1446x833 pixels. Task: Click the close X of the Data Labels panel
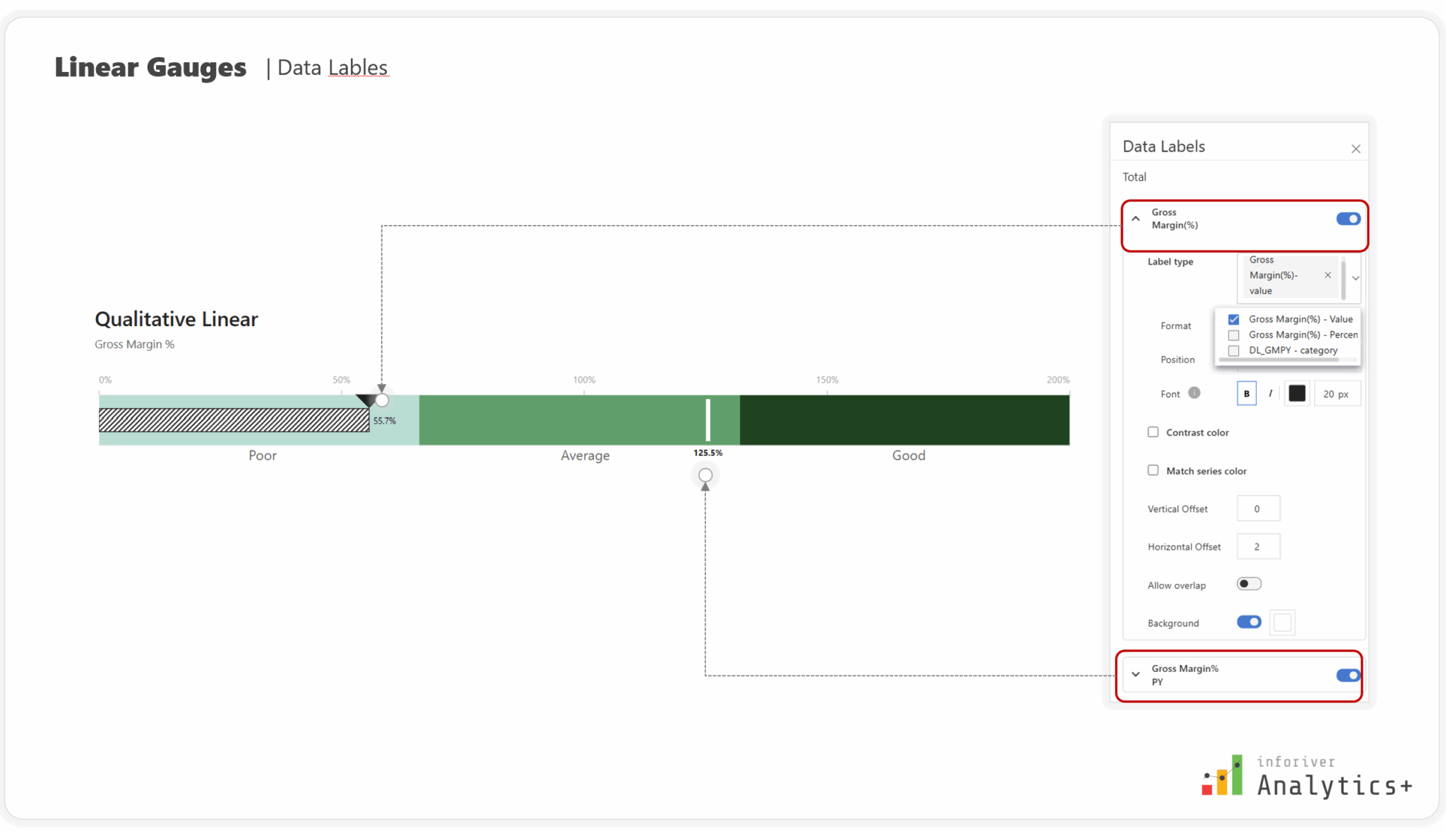tap(1356, 149)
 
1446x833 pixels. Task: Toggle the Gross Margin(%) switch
tap(1348, 219)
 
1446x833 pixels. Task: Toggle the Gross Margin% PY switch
tap(1348, 676)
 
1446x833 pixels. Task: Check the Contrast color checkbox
tap(1153, 432)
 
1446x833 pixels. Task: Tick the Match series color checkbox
tap(1153, 470)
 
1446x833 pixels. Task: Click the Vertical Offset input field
tap(1258, 508)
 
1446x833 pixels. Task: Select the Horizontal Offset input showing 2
tap(1258, 546)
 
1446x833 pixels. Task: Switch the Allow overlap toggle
tap(1248, 584)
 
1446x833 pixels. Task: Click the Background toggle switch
tap(1248, 622)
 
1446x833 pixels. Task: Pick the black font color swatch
tap(1297, 393)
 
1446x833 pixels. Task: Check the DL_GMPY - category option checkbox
tap(1233, 351)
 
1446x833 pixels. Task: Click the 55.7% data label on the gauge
tap(385, 421)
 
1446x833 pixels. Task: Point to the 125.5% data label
tap(707, 453)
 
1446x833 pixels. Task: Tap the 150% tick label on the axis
tap(827, 380)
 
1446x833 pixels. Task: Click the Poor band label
tap(263, 455)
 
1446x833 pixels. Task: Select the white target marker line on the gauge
tap(708, 419)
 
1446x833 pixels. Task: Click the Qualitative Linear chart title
tap(177, 319)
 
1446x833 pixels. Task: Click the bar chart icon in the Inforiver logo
tap(1222, 777)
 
